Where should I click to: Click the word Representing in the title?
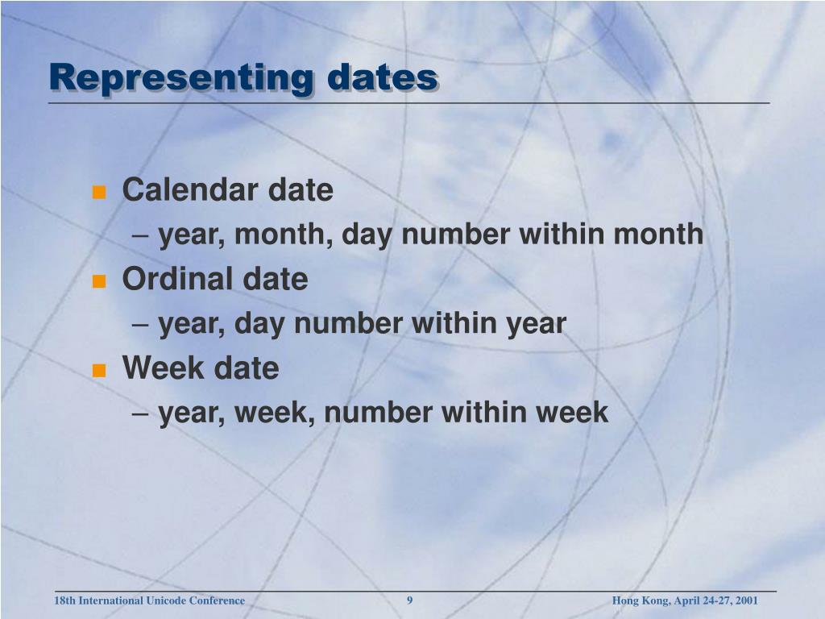tap(180, 78)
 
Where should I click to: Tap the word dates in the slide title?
tap(383, 78)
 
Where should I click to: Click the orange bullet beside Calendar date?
tap(99, 192)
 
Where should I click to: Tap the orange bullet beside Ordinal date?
tap(99, 281)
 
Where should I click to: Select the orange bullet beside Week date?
tap(99, 370)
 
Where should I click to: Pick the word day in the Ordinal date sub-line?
tap(261, 324)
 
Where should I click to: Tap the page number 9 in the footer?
tap(410, 600)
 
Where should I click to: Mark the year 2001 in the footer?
tap(746, 600)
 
